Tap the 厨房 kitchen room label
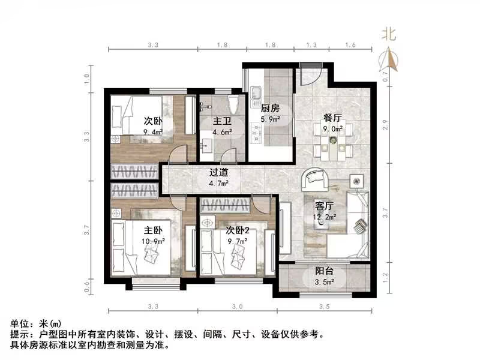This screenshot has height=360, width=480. tap(270, 109)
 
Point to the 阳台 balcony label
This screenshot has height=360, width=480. tap(325, 271)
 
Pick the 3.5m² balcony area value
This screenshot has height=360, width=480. tap(325, 282)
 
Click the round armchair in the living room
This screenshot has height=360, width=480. tap(315, 178)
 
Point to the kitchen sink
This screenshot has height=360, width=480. tap(256, 94)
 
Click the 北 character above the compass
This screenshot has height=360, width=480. tap(391, 35)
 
